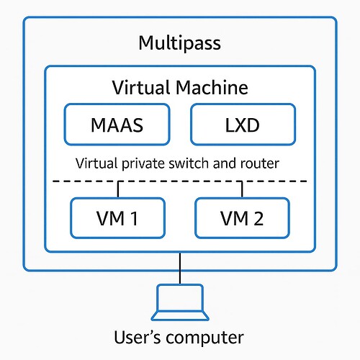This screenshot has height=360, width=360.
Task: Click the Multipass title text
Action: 180,43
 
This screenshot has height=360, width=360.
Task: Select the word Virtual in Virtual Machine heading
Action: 142,88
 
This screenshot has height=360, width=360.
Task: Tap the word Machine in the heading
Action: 212,88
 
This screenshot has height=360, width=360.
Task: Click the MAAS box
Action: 117,125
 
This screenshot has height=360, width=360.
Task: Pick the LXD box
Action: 243,125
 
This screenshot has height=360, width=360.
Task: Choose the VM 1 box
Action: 117,218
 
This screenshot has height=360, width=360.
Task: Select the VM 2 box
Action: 242,218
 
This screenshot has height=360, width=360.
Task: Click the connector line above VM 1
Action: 118,189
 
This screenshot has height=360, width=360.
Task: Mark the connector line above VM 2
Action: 242,189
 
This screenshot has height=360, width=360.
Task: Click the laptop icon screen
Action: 180,297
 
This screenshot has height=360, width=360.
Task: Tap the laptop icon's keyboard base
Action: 180,316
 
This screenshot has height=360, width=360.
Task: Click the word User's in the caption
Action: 137,337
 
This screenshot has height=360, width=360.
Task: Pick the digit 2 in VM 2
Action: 258,218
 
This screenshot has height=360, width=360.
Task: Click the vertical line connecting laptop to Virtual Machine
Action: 180,269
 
